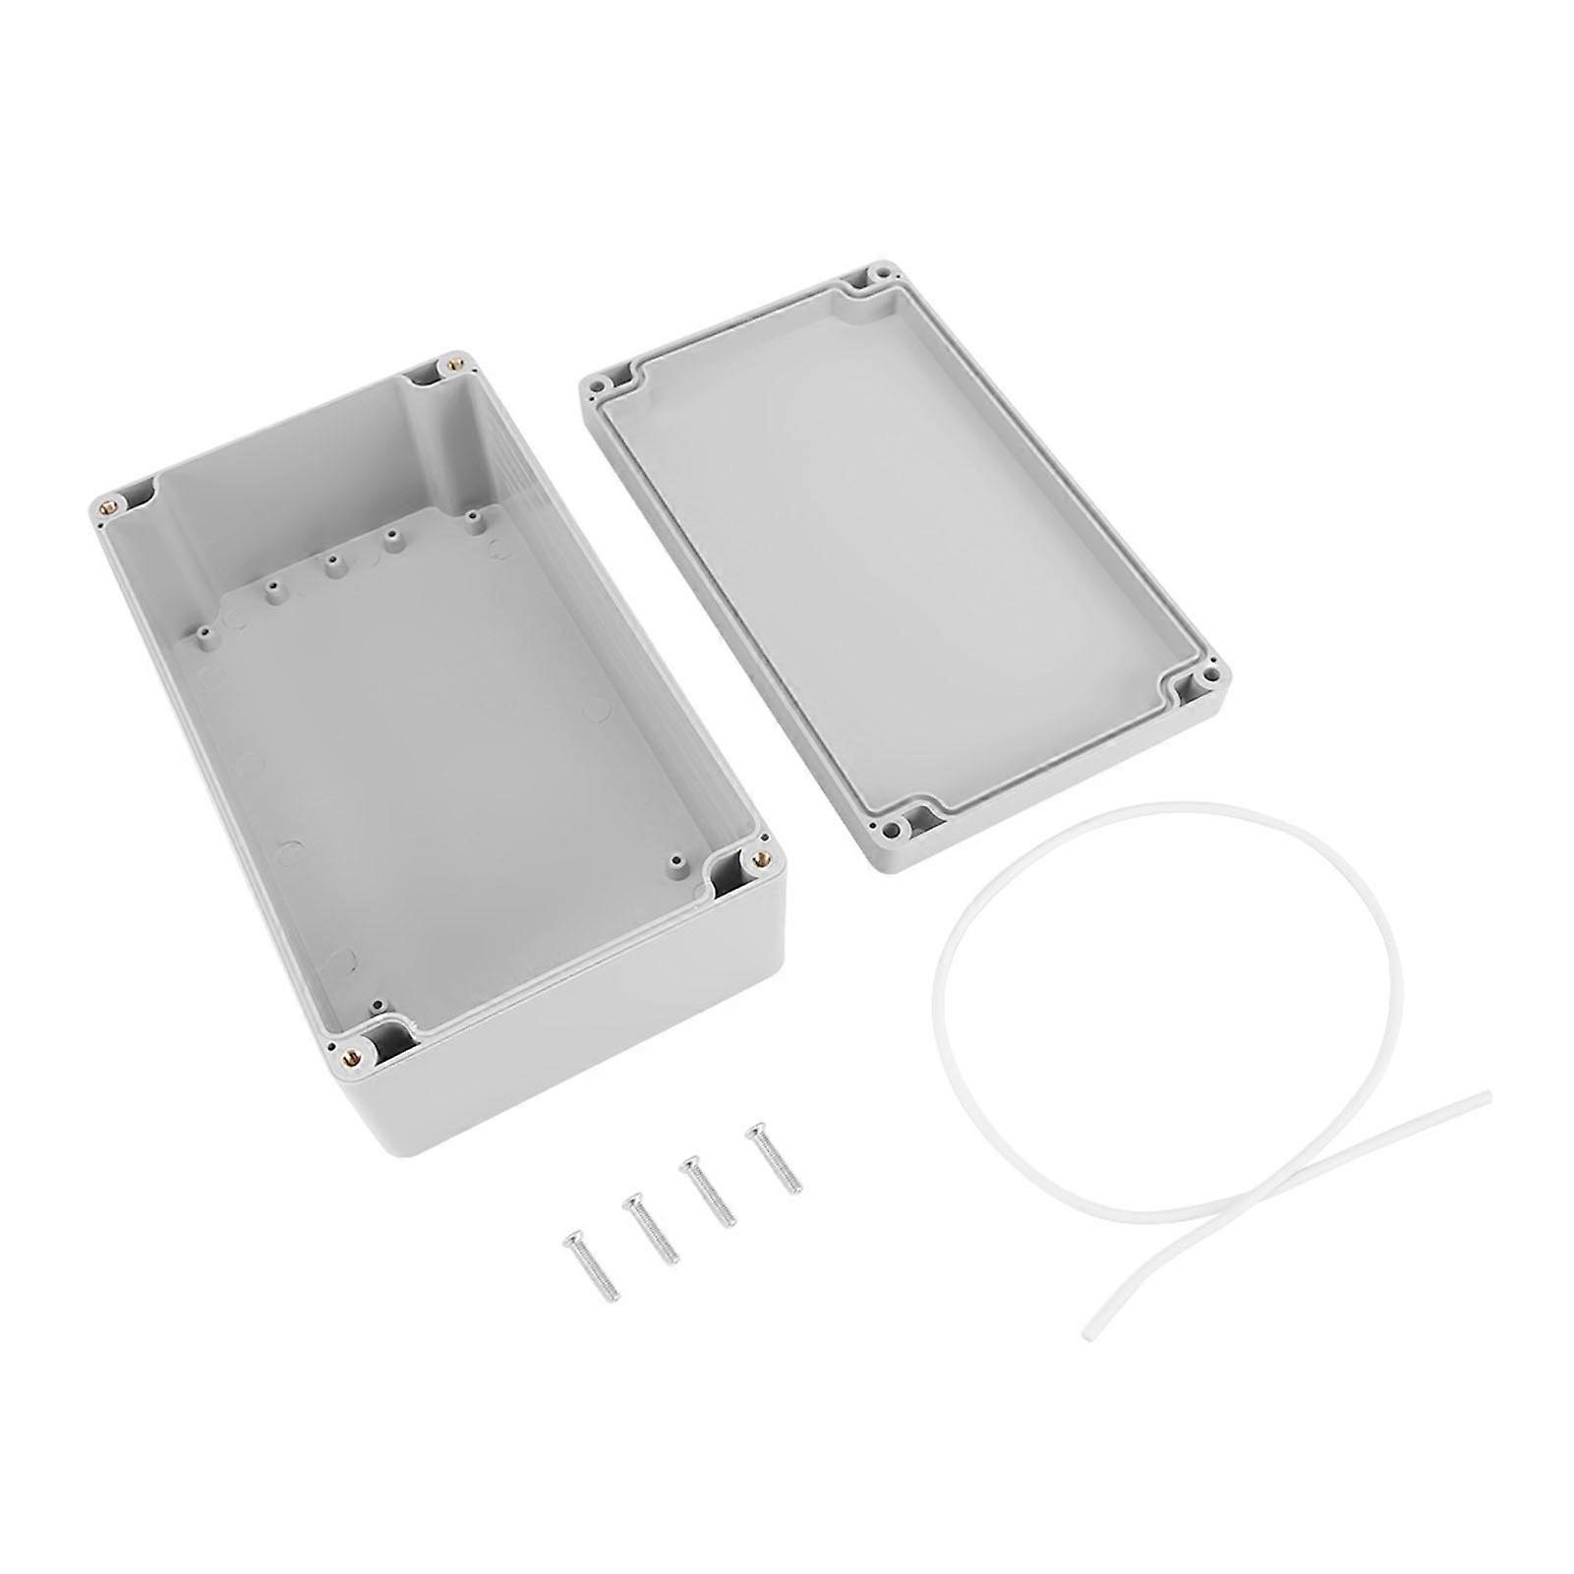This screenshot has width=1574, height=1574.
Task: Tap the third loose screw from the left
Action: pos(710,1191)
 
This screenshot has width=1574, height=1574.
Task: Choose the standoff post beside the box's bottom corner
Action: pos(375,1006)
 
